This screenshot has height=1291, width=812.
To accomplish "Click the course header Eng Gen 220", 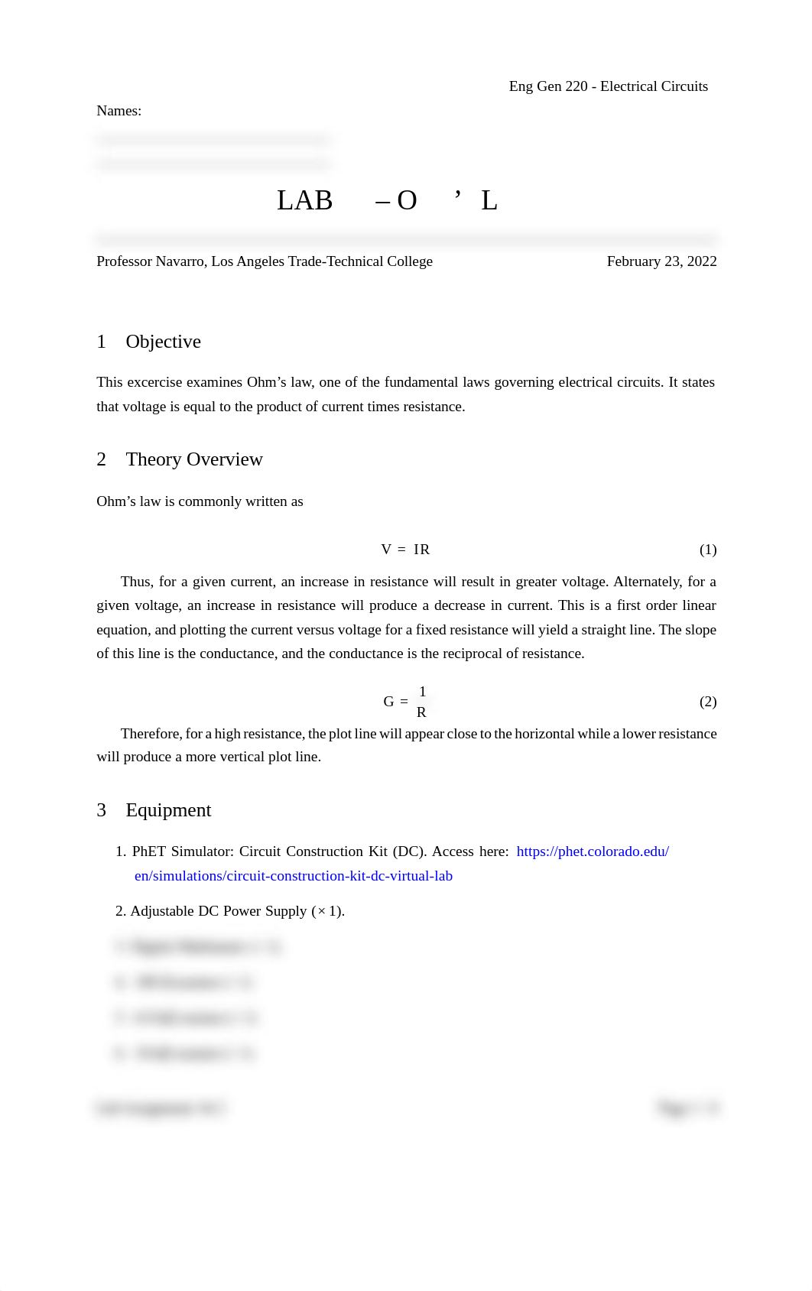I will point(548,86).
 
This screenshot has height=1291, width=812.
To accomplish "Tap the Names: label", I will point(119,111).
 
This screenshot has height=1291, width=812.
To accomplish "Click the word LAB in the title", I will point(304,200).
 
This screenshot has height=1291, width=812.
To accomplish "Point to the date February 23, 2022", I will point(661,261).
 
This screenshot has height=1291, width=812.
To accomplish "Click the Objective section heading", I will point(163,342).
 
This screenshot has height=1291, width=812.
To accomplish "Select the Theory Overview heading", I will point(194,459).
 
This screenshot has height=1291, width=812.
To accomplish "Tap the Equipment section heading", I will point(168,810).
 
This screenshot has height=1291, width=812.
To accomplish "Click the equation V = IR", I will point(405,550).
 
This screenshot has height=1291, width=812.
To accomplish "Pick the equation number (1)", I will point(708,550).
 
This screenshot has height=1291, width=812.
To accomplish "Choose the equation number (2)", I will point(708,702).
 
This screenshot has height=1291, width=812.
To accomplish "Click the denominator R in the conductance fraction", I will point(421,712).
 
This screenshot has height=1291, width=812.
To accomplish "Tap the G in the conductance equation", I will point(388,702).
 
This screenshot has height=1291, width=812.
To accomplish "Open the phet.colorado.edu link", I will point(593,851).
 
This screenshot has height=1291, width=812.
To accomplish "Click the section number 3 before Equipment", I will point(101,810).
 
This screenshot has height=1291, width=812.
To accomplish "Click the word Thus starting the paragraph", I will point(136,582).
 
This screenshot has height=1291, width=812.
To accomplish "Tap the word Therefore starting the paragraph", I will point(151,734).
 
